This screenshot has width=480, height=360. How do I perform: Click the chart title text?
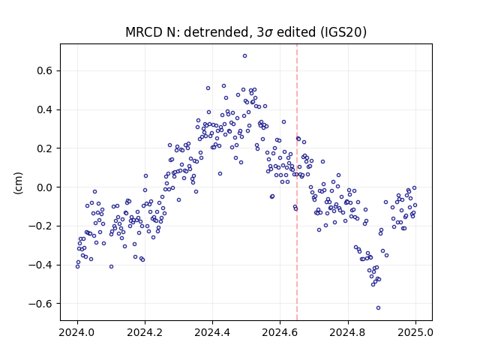point(246,32)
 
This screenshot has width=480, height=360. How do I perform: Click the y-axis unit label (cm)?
point(18,183)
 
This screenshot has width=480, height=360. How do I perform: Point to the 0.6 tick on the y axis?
point(45,70)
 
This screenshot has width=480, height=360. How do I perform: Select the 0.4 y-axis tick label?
point(45,109)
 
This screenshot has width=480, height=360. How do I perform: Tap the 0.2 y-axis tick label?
point(45,148)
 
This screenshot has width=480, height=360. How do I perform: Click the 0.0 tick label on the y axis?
point(45,187)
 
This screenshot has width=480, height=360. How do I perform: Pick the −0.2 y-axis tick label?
point(40,226)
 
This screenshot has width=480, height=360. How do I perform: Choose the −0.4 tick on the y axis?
point(40,265)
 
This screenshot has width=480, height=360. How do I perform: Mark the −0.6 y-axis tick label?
point(40,304)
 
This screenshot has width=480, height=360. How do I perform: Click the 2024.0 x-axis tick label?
point(77,332)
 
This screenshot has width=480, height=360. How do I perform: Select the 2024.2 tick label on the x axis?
point(145,332)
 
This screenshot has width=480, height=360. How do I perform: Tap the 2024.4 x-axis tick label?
point(212,332)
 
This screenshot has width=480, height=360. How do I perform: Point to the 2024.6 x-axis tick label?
point(280,332)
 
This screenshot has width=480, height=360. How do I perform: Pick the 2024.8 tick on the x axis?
point(348,332)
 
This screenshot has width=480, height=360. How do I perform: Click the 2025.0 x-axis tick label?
point(415,332)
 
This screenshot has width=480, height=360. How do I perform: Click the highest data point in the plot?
point(245,56)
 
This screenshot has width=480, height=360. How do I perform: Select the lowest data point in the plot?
point(378,308)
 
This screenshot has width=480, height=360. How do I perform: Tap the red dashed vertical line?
point(297,182)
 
